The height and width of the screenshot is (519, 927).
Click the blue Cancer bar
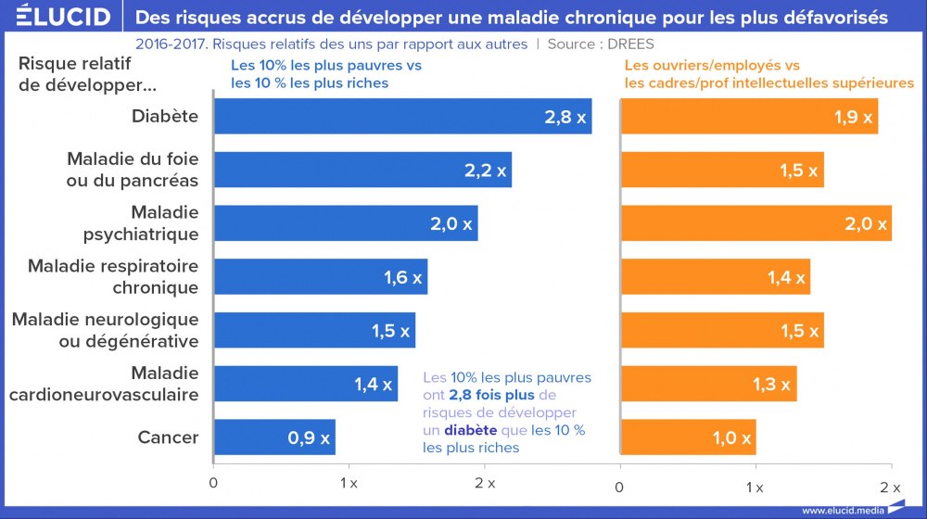coord(274,437)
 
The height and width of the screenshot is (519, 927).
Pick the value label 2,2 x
coord(485,171)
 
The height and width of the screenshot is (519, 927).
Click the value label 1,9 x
coord(853,118)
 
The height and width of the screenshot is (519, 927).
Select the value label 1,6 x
coord(402,277)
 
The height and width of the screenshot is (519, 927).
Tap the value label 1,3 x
coord(771,384)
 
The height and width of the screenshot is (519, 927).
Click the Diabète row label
coord(165,117)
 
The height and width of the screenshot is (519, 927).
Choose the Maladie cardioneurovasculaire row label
coord(104,384)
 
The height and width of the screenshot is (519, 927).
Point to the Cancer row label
coord(168,437)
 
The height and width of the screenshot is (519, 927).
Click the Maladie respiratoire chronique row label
coord(113,277)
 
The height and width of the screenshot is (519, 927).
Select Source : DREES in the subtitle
coord(606,44)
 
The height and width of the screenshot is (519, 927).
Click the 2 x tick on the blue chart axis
coord(485,485)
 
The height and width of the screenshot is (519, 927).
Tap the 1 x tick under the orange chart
coord(756,487)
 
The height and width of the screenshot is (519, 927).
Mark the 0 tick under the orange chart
coord(620,487)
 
